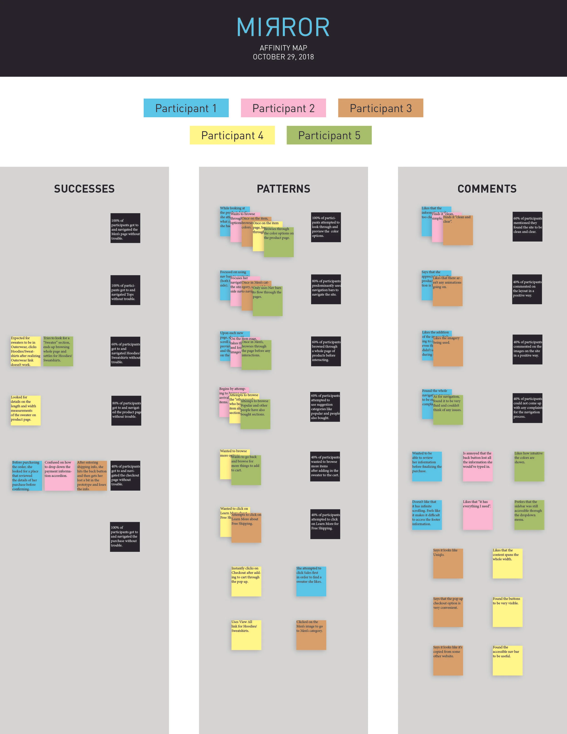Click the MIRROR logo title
click(x=283, y=27)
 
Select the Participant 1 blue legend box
click(x=186, y=108)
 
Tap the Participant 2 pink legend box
click(x=283, y=108)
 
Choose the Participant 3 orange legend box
click(x=380, y=108)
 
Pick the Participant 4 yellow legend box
click(x=232, y=135)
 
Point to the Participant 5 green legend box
click(x=329, y=135)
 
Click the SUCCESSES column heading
click(x=84, y=189)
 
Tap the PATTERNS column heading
click(x=283, y=189)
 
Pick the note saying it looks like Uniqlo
click(x=448, y=563)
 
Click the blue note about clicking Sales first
click(x=311, y=581)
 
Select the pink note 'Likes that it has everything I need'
click(x=477, y=515)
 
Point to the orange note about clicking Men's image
click(x=311, y=635)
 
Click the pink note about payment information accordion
click(x=59, y=476)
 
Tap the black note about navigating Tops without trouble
click(x=125, y=290)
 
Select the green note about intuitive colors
click(x=529, y=466)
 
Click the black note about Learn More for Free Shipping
click(x=325, y=524)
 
